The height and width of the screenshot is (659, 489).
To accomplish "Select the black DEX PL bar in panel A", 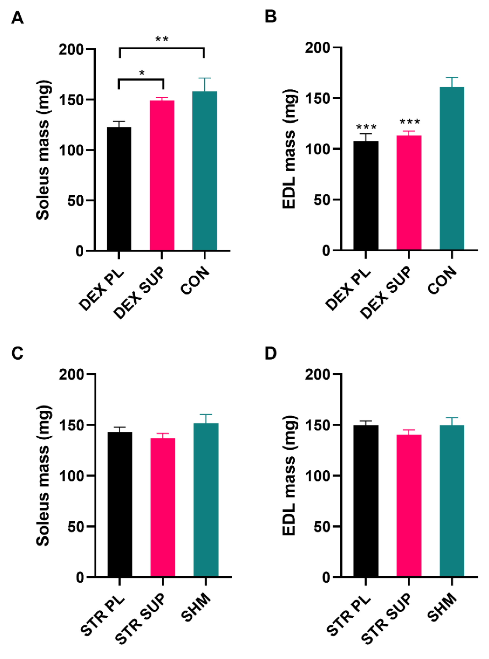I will point(119,189).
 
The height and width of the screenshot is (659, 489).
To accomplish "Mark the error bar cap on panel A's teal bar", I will point(204,78).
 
